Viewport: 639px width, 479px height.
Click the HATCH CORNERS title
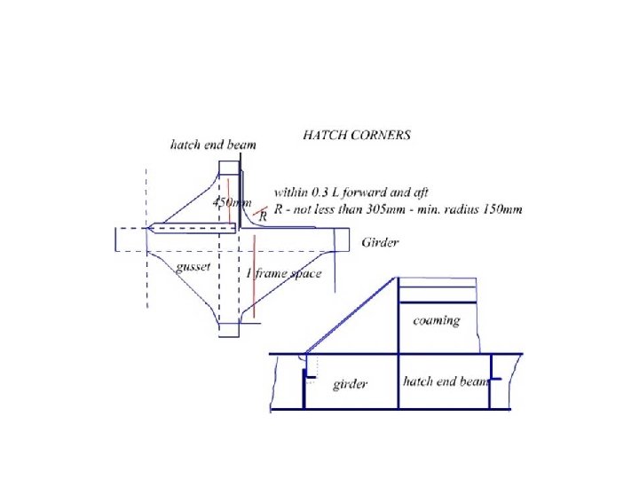click(x=357, y=135)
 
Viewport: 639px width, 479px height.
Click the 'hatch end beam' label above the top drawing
click(x=213, y=145)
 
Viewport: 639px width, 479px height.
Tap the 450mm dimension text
click(x=232, y=202)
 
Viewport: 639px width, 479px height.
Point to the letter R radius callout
click(x=263, y=216)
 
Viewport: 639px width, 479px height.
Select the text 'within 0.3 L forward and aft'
click(x=351, y=192)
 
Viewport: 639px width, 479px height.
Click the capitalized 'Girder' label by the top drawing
click(x=380, y=243)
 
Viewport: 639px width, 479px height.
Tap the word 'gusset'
click(x=193, y=267)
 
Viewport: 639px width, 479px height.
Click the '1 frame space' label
click(x=284, y=273)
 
